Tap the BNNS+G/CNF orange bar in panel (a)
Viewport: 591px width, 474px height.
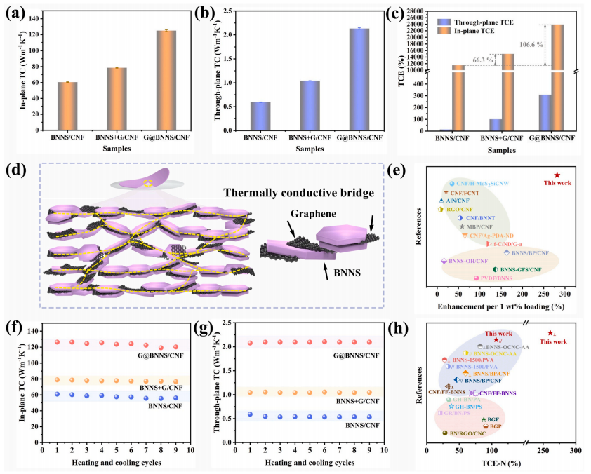[x=117, y=99]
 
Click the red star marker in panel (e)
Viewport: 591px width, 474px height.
[x=557, y=175]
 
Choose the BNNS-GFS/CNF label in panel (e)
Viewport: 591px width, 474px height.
[x=521, y=269]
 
